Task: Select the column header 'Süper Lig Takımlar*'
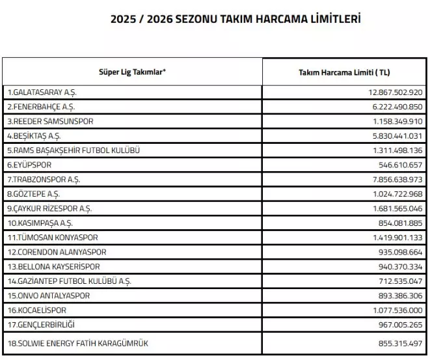(x=132, y=72)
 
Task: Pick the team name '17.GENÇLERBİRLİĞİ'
(x=38, y=324)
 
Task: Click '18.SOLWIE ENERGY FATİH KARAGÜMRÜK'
(x=72, y=342)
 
